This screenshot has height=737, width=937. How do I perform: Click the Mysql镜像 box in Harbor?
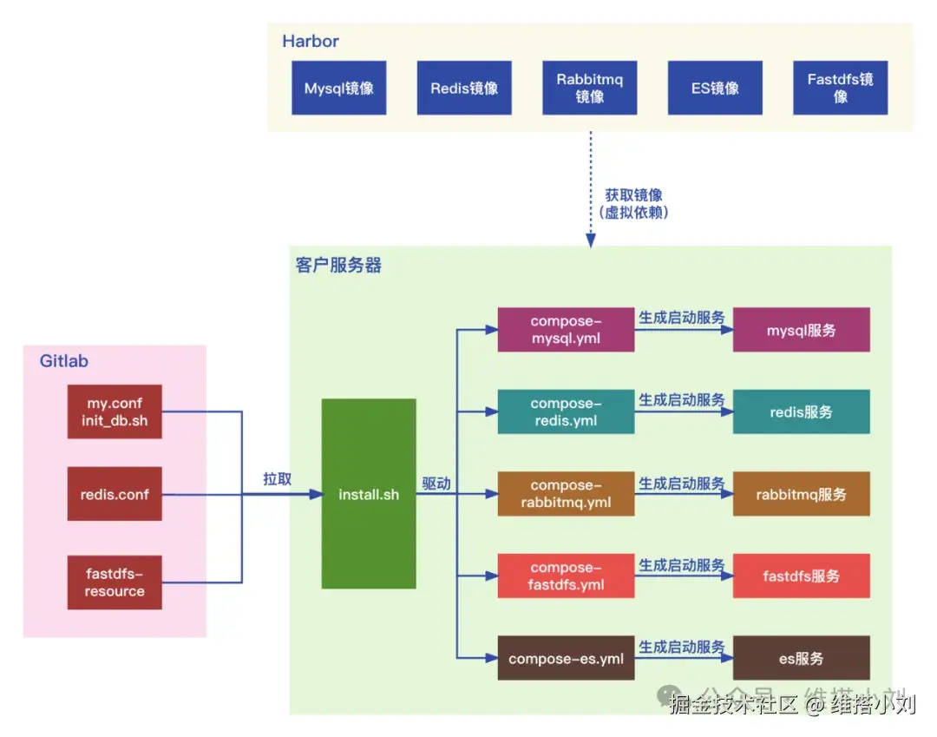click(x=338, y=88)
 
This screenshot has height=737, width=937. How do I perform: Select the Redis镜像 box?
click(x=464, y=88)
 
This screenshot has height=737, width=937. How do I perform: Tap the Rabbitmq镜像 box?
click(x=589, y=88)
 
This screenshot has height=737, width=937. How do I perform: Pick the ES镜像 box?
click(x=715, y=88)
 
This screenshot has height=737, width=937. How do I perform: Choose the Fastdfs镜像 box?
click(x=840, y=88)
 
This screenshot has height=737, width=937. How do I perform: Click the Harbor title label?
click(x=311, y=42)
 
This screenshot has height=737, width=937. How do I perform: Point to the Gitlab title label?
click(x=64, y=361)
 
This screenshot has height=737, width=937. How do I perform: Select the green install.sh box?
click(x=369, y=494)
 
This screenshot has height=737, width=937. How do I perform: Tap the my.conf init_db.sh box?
click(x=115, y=411)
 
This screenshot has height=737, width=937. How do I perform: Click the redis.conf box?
click(x=115, y=495)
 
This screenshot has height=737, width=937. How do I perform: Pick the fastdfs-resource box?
click(x=115, y=582)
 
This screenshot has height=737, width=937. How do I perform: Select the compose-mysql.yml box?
click(x=566, y=329)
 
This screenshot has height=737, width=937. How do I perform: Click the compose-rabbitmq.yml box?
click(x=566, y=494)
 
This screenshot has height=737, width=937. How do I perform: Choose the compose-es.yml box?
click(x=566, y=659)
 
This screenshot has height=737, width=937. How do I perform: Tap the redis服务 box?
click(x=801, y=412)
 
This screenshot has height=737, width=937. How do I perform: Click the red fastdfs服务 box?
click(x=801, y=576)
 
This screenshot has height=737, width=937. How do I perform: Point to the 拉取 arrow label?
click(x=278, y=479)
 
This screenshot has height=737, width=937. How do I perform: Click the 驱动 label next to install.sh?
click(x=436, y=484)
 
